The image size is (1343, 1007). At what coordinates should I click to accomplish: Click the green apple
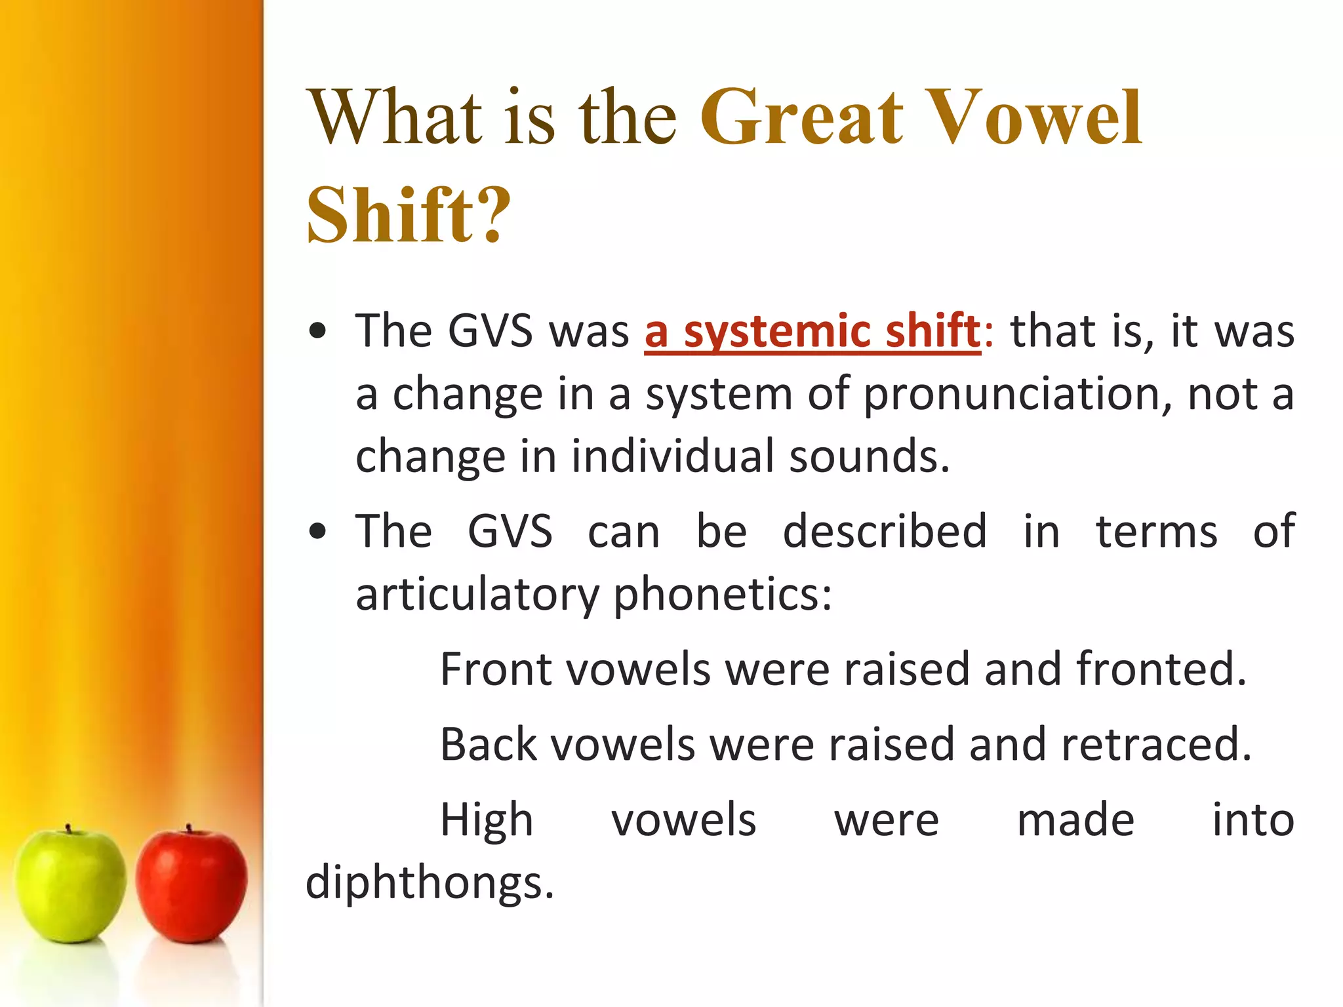tap(70, 885)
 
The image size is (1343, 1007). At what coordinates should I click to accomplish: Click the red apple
tap(191, 885)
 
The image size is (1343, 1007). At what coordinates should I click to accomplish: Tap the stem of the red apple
tap(189, 829)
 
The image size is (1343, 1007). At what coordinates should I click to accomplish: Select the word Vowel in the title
tap(1036, 118)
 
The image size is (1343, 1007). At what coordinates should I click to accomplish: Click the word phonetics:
tap(723, 595)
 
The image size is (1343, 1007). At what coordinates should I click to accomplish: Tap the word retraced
tap(1155, 745)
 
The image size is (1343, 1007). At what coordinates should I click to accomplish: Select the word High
tap(487, 820)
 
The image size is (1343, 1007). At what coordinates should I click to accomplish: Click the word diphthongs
tap(430, 882)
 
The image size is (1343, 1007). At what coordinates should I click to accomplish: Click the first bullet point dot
tap(317, 331)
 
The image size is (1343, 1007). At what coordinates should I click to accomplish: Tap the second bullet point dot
tap(317, 532)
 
